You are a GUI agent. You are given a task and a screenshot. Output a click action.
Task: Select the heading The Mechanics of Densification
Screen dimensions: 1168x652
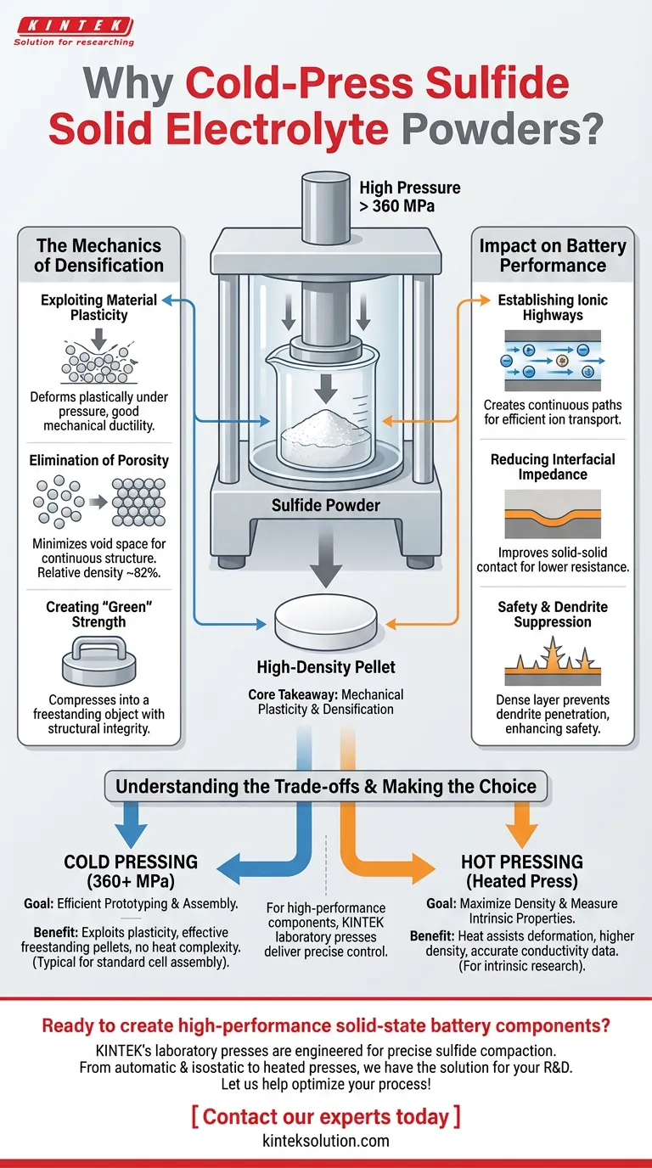coord(98,255)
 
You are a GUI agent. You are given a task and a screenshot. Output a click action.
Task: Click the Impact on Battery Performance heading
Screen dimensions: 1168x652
coord(553,255)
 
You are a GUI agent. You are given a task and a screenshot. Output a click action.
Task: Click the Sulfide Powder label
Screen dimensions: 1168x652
coord(326,506)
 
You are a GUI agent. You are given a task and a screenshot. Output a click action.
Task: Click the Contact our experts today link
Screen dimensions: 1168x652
coord(326,1116)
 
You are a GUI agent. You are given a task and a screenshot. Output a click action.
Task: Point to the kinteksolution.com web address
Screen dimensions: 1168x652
coord(326,1141)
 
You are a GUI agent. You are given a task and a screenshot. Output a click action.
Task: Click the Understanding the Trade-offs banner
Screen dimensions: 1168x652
coord(326,786)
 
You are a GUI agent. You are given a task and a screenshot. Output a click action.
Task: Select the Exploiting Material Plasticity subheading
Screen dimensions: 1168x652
coord(98,307)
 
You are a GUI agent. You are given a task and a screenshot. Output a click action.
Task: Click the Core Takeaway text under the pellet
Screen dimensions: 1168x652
coord(326,702)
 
